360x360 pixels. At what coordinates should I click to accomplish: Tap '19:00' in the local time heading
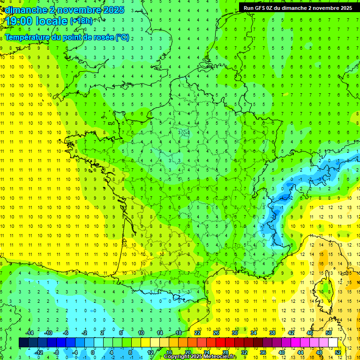coord(19,22)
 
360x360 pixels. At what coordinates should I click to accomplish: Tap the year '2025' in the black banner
coord(344,8)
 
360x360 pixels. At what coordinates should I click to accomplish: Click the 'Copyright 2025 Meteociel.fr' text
coord(200,357)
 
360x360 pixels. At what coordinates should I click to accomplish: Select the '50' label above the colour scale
coord(329,333)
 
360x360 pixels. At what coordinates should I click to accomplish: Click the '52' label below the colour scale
coord(338,352)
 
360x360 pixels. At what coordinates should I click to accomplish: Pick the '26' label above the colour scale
coord(216,333)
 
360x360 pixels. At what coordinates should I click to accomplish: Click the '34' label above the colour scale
coord(254,333)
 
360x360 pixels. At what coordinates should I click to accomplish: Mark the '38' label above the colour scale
coord(272,333)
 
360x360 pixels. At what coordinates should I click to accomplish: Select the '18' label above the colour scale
coord(179,333)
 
